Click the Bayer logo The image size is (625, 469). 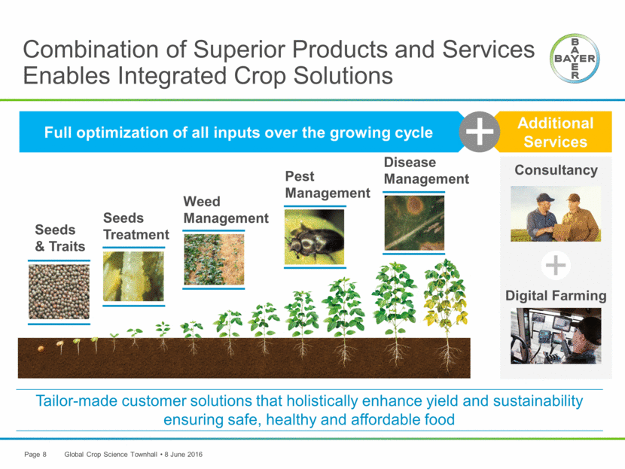575,58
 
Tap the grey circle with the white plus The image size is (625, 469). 480,132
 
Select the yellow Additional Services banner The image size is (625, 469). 555,132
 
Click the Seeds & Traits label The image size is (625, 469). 60,238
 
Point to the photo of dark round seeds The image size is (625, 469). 59,291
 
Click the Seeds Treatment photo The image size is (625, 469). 133,276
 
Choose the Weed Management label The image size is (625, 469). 226,209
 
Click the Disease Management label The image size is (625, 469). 426,171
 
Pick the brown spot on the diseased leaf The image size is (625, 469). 416,206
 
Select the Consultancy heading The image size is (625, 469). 556,169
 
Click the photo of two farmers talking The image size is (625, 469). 556,214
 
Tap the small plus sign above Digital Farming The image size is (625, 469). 556,265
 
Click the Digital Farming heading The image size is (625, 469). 556,296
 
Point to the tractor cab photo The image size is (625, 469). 556,336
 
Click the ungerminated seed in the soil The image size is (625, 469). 41,349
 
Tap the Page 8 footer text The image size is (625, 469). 35,454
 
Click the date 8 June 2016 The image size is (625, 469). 183,454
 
